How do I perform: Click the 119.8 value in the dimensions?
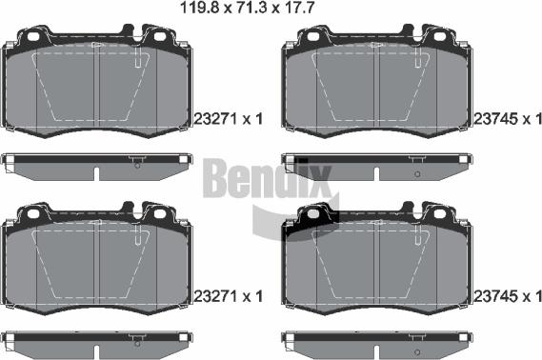[x=200, y=8]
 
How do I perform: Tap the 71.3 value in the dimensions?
[x=251, y=8]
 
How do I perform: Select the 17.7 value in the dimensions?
[x=299, y=8]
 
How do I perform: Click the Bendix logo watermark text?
[x=267, y=178]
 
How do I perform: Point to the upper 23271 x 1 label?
[x=229, y=119]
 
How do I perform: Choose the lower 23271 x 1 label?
[x=229, y=296]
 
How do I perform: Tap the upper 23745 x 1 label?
[x=507, y=119]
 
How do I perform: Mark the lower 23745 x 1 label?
[x=507, y=296]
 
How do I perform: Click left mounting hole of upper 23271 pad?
[x=33, y=36]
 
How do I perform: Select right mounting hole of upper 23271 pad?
[x=160, y=36]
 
